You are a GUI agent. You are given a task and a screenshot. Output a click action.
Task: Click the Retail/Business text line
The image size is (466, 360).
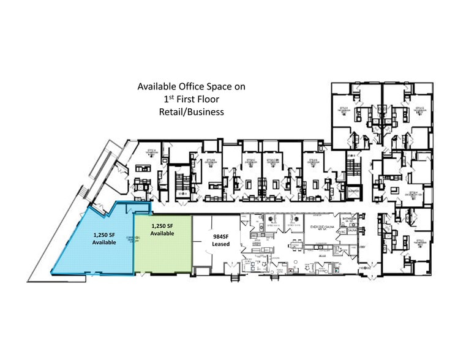coord(191,112)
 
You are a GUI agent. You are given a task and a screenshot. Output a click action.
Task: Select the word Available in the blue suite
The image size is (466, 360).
coord(104,243)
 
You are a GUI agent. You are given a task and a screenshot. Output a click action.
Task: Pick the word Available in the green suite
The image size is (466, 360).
coord(162,234)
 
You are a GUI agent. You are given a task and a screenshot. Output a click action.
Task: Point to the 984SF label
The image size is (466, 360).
coord(220,235)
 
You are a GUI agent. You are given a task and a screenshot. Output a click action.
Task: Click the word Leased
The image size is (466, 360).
coord(220,244)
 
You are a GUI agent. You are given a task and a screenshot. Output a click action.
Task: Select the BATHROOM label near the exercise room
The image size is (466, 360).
coord(350,218)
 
